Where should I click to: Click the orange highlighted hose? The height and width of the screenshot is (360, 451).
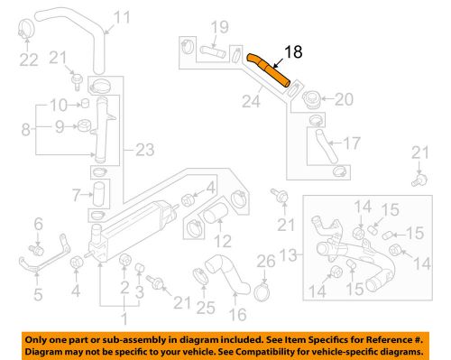(270, 70)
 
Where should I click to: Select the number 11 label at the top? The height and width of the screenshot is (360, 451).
(122, 15)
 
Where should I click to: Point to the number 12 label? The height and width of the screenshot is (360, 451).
(222, 240)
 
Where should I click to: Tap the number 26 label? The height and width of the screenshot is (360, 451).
(263, 263)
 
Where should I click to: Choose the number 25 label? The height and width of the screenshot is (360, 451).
(203, 308)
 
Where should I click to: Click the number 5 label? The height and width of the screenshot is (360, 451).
(38, 292)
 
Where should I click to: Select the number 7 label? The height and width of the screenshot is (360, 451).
(76, 192)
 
